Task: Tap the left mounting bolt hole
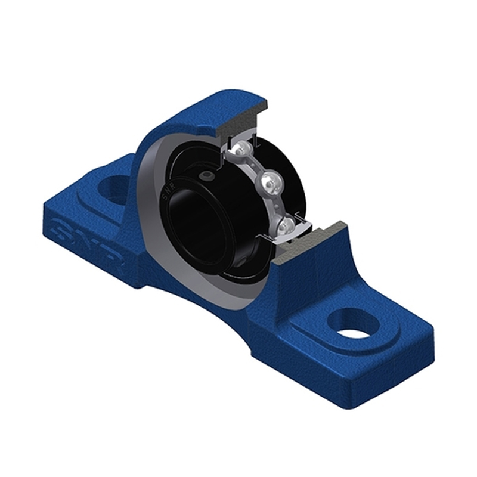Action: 117,187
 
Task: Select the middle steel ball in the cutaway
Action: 272,178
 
